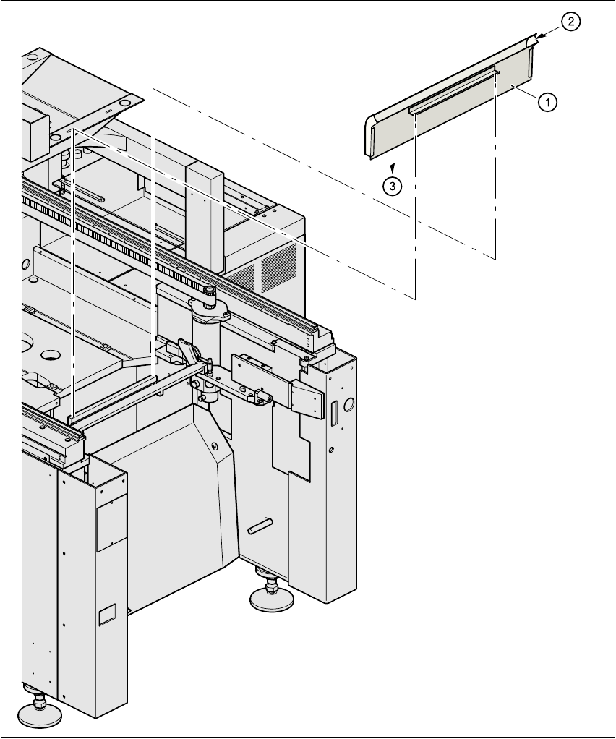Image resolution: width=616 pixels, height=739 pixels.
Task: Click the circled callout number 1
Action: [547, 103]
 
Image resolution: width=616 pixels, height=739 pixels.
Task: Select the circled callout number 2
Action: [570, 22]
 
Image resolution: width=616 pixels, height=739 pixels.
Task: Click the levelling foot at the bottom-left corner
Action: [38, 712]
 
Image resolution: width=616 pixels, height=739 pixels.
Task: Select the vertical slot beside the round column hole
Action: [335, 414]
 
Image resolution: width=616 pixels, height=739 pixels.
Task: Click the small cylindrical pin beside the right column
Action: [259, 526]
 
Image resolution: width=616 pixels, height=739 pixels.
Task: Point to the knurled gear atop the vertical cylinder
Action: [209, 293]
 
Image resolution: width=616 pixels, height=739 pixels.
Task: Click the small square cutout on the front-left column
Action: [106, 615]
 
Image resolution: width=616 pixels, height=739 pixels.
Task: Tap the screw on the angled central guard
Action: [215, 446]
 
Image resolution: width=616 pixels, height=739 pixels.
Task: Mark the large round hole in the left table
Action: [51, 355]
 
